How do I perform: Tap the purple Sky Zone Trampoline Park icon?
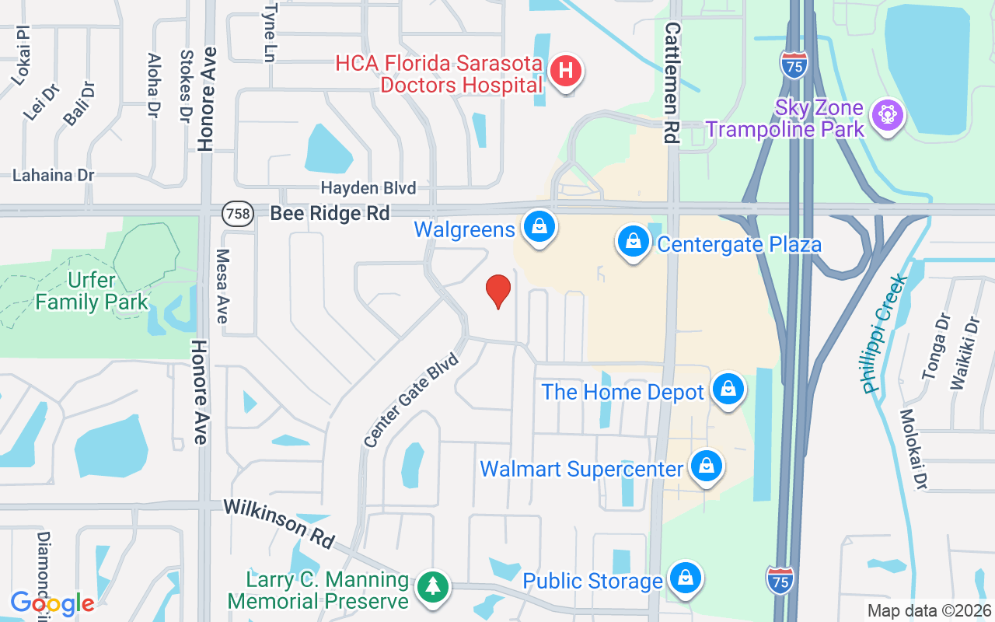point(885,115)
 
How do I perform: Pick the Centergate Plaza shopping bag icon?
point(634,243)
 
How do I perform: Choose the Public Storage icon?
point(685,578)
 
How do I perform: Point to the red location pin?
point(497,291)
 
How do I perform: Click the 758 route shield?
point(238,213)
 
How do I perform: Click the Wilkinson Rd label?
point(279,523)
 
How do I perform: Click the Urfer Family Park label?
point(92,291)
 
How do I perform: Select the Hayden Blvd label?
point(368,188)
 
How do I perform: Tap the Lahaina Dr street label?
point(54,175)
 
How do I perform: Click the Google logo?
point(52,603)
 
